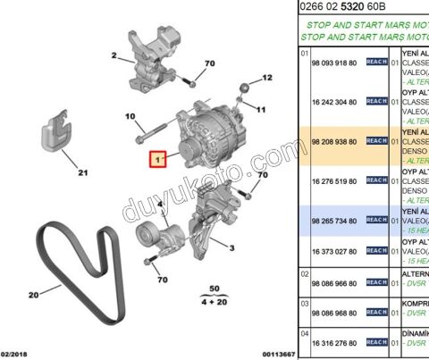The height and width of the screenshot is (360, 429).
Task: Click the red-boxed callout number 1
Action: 158,159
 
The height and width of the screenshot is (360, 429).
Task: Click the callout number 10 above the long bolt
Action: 130,117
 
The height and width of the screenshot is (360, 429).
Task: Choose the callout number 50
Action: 213,290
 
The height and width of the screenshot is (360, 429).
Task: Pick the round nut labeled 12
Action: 243,88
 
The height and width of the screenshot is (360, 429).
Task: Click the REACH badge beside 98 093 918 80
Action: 376,63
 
